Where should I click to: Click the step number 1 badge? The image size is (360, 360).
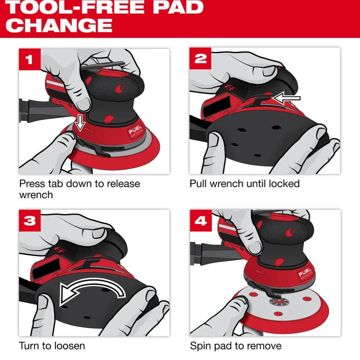(30, 59)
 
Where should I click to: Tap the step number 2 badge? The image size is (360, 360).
(200, 58)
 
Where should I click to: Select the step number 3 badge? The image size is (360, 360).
(30, 220)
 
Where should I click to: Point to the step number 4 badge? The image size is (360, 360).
(201, 221)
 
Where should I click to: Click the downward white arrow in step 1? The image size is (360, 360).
(81, 123)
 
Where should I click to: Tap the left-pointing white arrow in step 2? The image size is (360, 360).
(286, 98)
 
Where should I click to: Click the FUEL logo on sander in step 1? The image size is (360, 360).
(135, 132)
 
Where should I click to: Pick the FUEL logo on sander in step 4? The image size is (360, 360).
(306, 273)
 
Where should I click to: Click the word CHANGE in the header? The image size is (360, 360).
(59, 25)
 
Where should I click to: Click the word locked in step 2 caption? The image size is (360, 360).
(284, 184)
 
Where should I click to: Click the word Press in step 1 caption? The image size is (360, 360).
(32, 184)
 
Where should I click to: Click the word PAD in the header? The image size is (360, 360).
(178, 7)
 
